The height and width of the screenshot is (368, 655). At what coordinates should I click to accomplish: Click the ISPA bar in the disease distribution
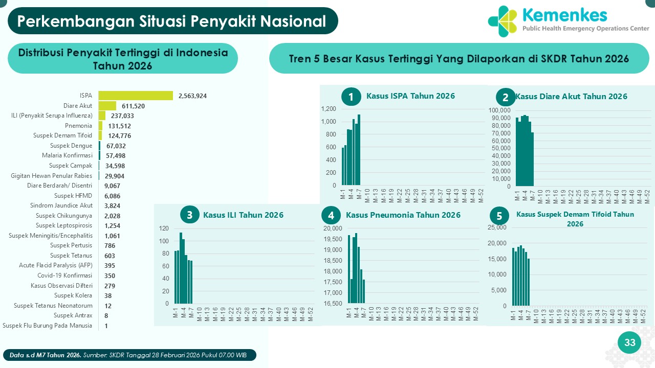pyautogui.click(x=136, y=96)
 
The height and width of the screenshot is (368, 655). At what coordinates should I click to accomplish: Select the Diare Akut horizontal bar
pyautogui.click(x=107, y=106)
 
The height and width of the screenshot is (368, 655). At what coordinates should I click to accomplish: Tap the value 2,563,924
pyautogui.click(x=192, y=96)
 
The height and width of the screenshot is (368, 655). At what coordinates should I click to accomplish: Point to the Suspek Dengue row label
pyautogui.click(x=71, y=146)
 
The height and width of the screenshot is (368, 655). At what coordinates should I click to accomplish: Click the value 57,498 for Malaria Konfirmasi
pyautogui.click(x=116, y=155)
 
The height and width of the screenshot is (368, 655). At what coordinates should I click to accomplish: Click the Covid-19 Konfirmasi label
pyautogui.click(x=65, y=275)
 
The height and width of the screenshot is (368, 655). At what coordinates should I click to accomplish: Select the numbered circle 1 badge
pyautogui.click(x=351, y=97)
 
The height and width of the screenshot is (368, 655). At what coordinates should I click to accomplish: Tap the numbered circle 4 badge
pyautogui.click(x=331, y=216)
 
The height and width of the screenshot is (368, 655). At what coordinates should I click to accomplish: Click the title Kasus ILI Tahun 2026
pyautogui.click(x=243, y=215)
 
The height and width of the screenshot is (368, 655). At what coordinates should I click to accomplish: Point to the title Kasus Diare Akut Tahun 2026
pyautogui.click(x=571, y=97)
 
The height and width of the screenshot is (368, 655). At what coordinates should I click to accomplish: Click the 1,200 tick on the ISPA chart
pyautogui.click(x=329, y=109)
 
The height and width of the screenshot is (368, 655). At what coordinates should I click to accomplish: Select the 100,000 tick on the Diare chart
pyautogui.click(x=500, y=110)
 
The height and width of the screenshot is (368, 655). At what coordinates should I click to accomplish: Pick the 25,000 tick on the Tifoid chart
pyautogui.click(x=497, y=227)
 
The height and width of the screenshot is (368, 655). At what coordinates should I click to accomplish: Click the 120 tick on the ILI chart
pyautogui.click(x=164, y=228)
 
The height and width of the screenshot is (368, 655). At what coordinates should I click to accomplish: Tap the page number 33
pyautogui.click(x=629, y=342)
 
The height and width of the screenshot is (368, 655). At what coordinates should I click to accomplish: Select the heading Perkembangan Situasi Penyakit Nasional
pyautogui.click(x=172, y=21)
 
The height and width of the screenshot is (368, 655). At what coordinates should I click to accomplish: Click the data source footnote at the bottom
pyautogui.click(x=132, y=355)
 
